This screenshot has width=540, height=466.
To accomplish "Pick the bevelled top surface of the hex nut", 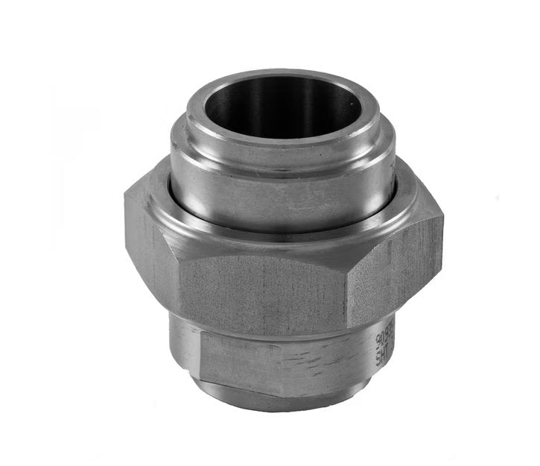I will [283, 237].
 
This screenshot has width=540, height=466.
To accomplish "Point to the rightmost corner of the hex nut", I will [442, 224].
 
